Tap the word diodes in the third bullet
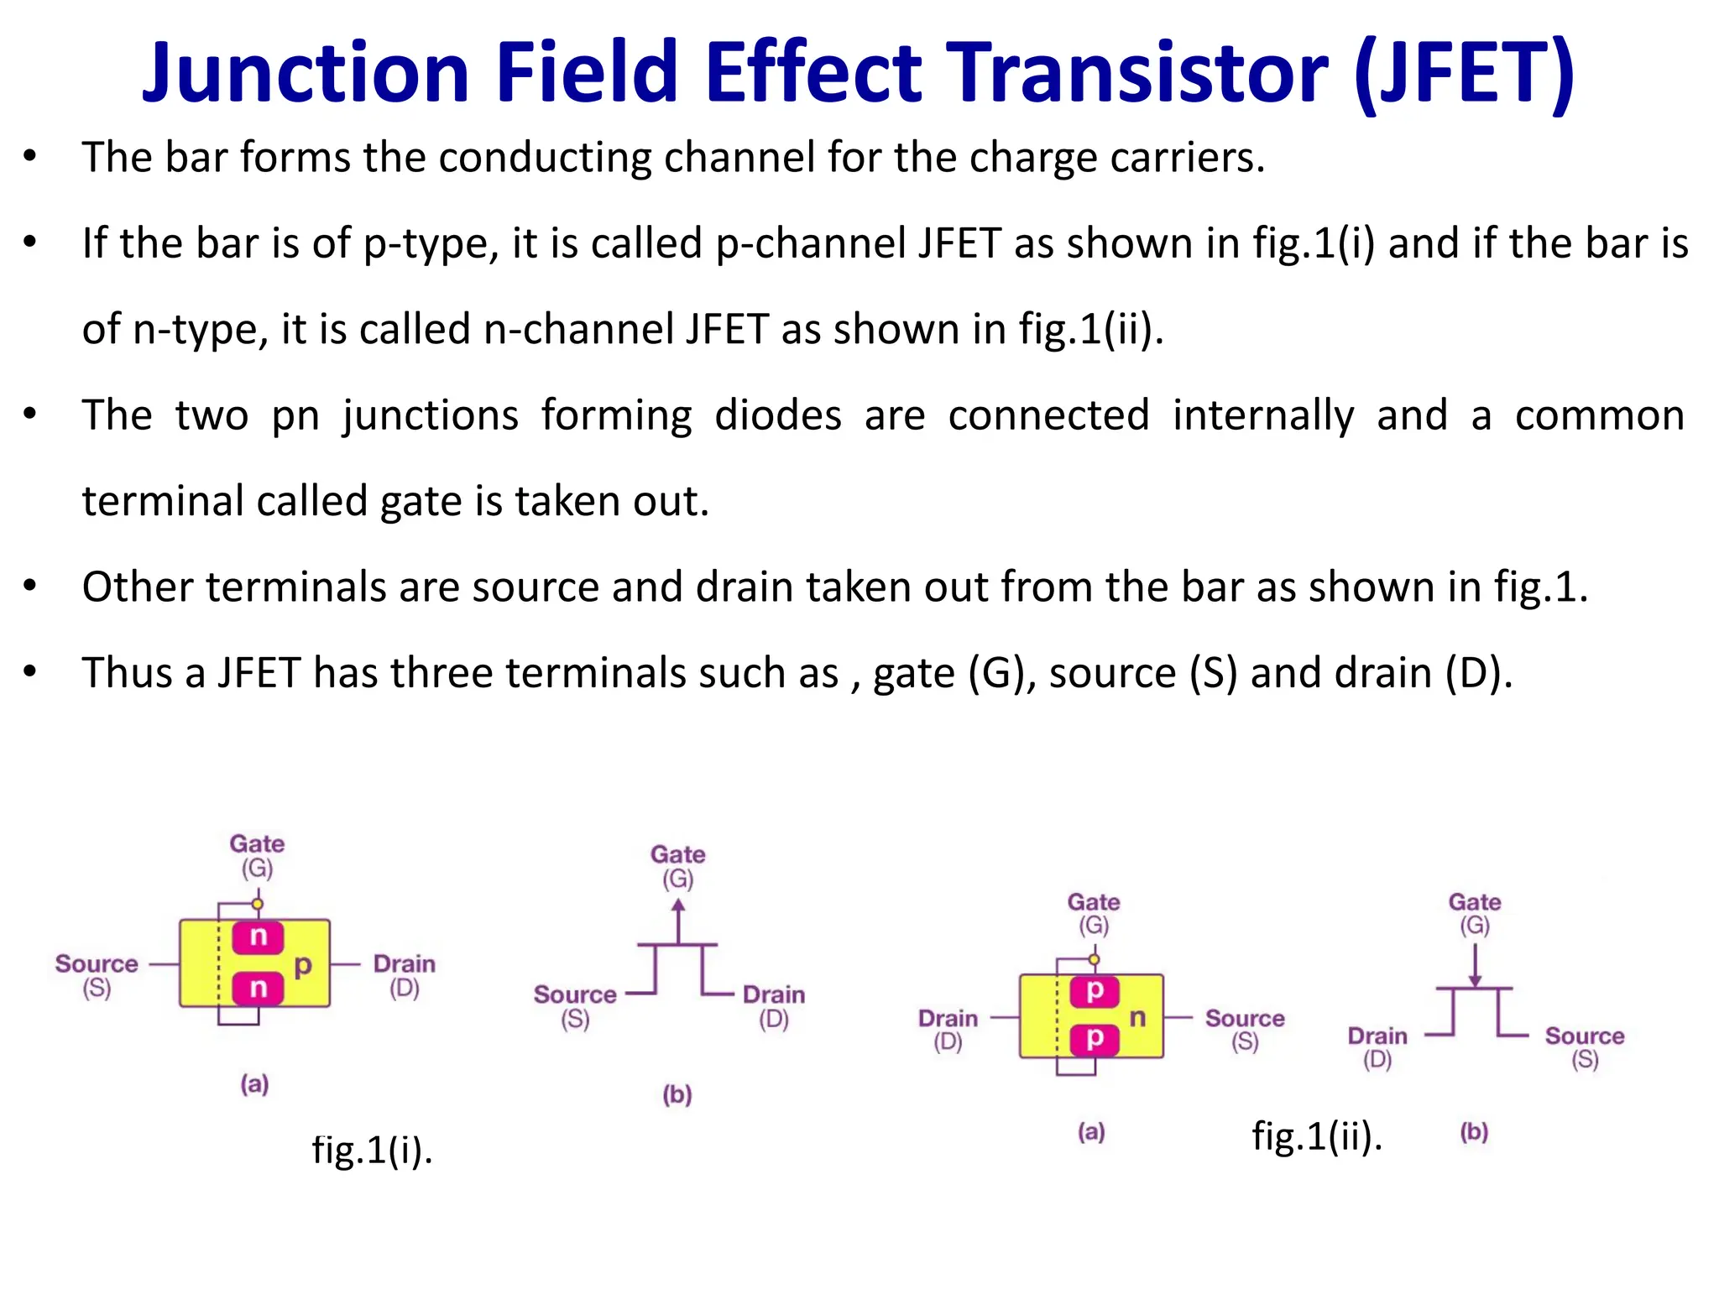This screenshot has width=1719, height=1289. point(777,415)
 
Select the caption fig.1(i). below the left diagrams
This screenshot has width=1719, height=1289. point(372,1150)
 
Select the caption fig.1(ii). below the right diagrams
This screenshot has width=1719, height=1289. point(1316,1137)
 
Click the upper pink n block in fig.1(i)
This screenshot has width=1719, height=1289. point(258,937)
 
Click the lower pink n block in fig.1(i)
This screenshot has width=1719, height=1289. point(258,988)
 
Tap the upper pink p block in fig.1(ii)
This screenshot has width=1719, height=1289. point(1095,991)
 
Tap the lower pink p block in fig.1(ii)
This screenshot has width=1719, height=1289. point(1095,1039)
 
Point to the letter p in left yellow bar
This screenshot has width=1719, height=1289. point(303,965)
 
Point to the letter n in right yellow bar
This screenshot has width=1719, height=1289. point(1137,1018)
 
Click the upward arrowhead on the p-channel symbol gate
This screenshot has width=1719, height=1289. point(678,905)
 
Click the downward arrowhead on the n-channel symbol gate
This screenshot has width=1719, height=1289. point(1475,980)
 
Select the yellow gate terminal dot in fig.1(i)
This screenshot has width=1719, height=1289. point(258,904)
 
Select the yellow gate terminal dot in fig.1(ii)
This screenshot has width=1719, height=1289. point(1094,958)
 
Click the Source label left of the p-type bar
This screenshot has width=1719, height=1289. point(97,964)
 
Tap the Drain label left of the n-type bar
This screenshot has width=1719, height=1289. point(948,1019)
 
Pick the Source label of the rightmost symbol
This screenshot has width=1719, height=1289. point(1584,1036)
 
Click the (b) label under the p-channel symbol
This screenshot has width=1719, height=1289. point(677,1094)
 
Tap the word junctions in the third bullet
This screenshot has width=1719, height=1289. point(431,416)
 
